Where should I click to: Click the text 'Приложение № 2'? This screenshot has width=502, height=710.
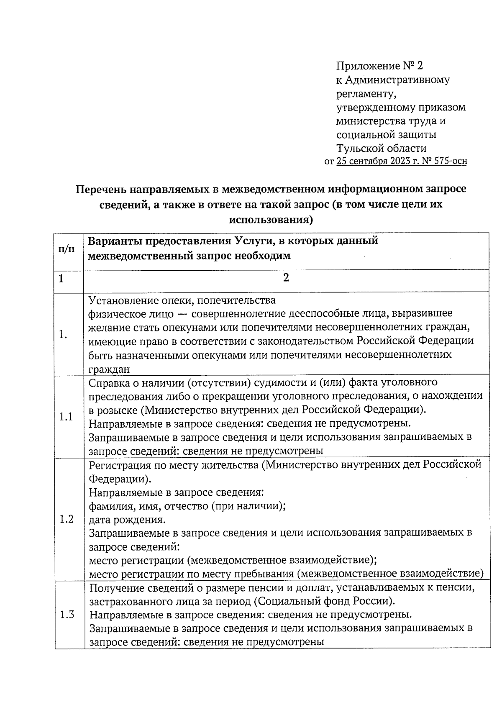[x=380, y=66]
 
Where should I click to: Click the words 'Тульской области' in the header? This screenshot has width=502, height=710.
[x=382, y=148]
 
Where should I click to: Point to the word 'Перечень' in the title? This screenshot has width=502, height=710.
[x=101, y=189]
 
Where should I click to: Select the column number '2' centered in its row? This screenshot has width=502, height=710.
[x=286, y=278]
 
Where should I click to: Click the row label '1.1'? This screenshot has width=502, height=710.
[x=66, y=417]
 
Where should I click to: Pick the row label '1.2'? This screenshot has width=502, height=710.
[x=66, y=519]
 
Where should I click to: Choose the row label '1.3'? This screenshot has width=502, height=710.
[x=67, y=615]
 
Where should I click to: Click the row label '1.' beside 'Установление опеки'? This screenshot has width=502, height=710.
[x=63, y=335]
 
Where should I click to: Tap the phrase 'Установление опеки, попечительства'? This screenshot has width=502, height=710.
[x=182, y=300]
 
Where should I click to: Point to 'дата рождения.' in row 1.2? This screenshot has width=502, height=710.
[x=127, y=520]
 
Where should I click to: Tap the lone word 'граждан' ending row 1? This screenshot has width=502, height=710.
[x=109, y=369]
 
